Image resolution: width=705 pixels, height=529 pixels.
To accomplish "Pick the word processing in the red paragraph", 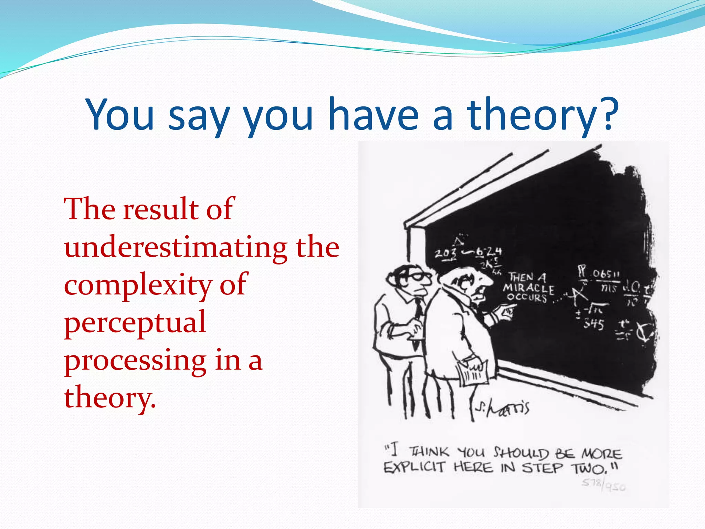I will pyautogui.click(x=135, y=362).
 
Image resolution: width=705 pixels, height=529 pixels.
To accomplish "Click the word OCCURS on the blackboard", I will pyautogui.click(x=527, y=298).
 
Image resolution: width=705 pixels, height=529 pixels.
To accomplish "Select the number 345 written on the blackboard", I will pyautogui.click(x=594, y=324).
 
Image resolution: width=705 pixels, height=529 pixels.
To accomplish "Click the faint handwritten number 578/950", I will pyautogui.click(x=603, y=485).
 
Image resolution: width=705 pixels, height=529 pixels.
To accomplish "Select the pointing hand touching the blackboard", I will pyautogui.click(x=504, y=313).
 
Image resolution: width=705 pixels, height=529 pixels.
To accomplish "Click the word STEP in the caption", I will pyautogui.click(x=543, y=468).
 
